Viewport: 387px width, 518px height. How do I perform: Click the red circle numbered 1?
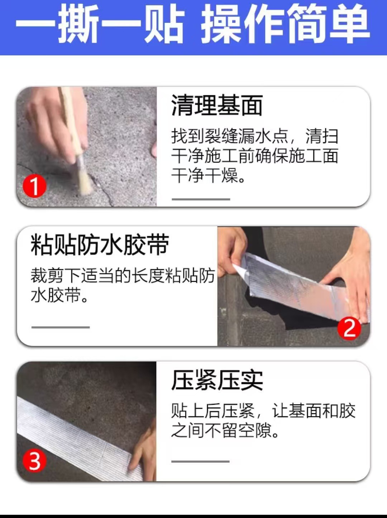(34, 186)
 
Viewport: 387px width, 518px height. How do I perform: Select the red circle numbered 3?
(34, 461)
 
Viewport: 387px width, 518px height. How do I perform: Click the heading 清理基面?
(217, 105)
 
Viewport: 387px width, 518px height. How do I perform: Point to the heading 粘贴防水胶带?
(100, 245)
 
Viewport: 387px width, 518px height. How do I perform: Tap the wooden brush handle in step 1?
(71, 118)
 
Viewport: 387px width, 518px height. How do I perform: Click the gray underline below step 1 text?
(201, 199)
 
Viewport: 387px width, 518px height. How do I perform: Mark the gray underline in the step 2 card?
(61, 327)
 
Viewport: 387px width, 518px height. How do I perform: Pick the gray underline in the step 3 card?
(200, 461)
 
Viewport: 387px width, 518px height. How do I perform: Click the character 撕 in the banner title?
(77, 24)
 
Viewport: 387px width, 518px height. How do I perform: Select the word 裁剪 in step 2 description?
(47, 275)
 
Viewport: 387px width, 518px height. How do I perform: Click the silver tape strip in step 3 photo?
(78, 439)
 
